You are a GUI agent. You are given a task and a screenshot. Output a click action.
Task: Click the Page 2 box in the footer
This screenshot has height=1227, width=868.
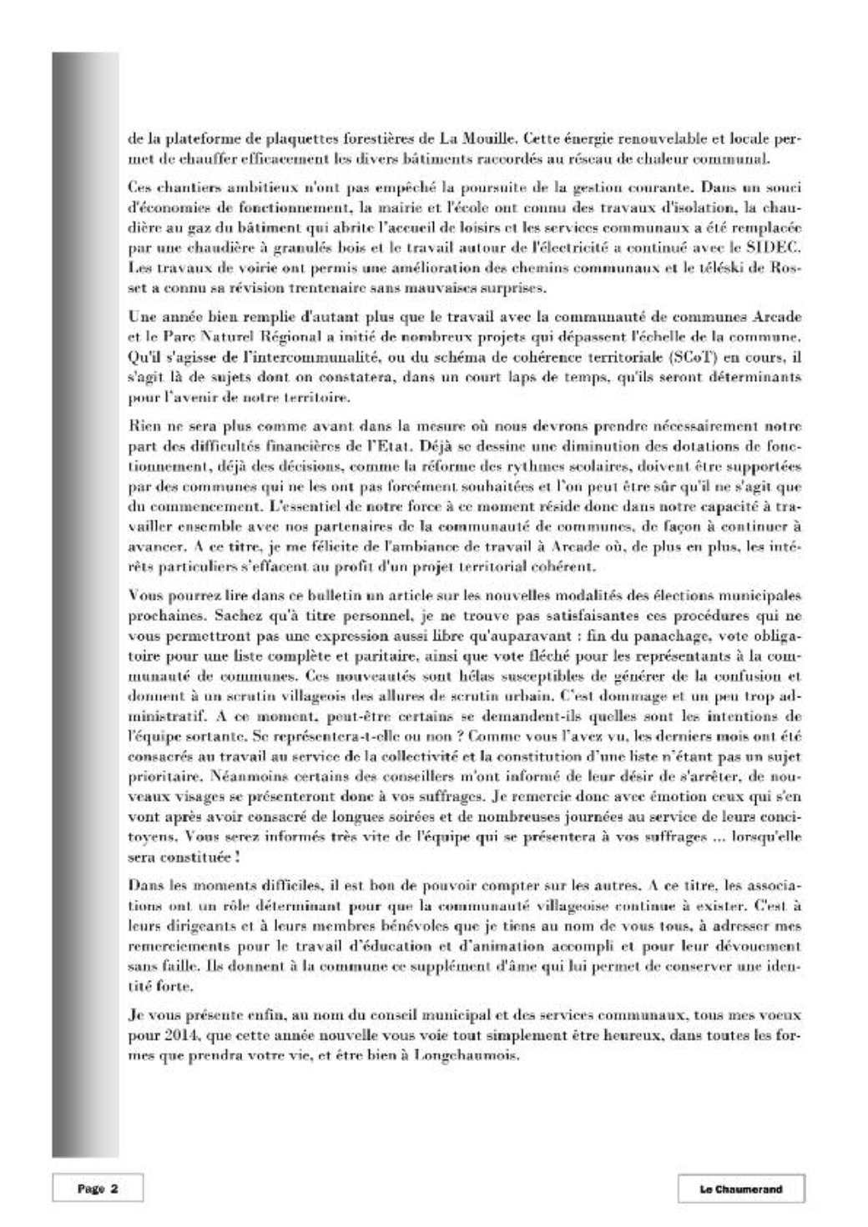point(98,1189)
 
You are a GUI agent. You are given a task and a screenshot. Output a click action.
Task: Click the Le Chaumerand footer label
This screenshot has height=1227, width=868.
point(740,1189)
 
